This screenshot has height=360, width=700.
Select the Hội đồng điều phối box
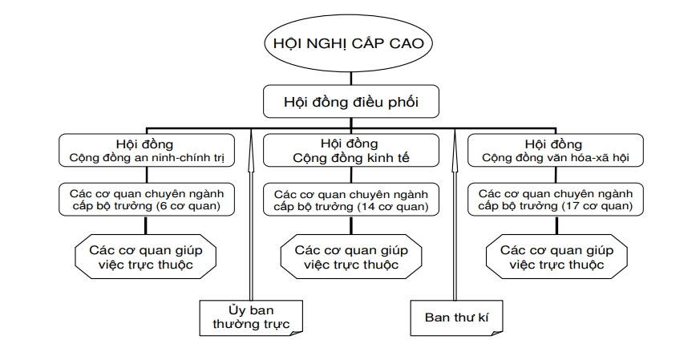(x=351, y=102)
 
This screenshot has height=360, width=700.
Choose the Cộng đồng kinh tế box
(x=351, y=151)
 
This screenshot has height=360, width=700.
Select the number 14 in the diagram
(x=378, y=207)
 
